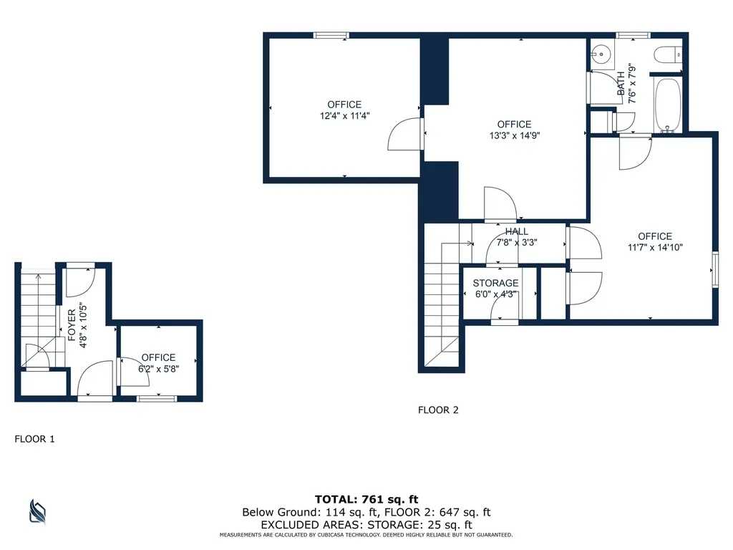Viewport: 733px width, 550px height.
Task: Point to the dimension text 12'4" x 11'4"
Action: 344,115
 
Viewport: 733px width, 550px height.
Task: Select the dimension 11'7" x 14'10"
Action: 655,248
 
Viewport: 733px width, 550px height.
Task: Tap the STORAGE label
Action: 495,284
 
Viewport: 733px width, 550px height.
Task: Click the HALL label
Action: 517,231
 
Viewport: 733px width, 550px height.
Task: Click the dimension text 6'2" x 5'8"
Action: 158,369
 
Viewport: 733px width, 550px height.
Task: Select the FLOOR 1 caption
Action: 34,439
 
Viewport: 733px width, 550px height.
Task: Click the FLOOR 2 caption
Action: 438,410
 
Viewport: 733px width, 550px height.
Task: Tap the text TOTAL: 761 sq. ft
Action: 366,499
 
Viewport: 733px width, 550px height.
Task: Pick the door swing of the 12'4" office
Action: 404,135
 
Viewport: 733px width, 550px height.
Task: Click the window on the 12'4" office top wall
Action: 331,35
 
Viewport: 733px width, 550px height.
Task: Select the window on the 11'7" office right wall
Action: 714,270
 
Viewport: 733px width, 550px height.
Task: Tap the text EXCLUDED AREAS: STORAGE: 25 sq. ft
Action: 366,524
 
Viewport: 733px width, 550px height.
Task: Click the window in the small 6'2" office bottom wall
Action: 157,398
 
